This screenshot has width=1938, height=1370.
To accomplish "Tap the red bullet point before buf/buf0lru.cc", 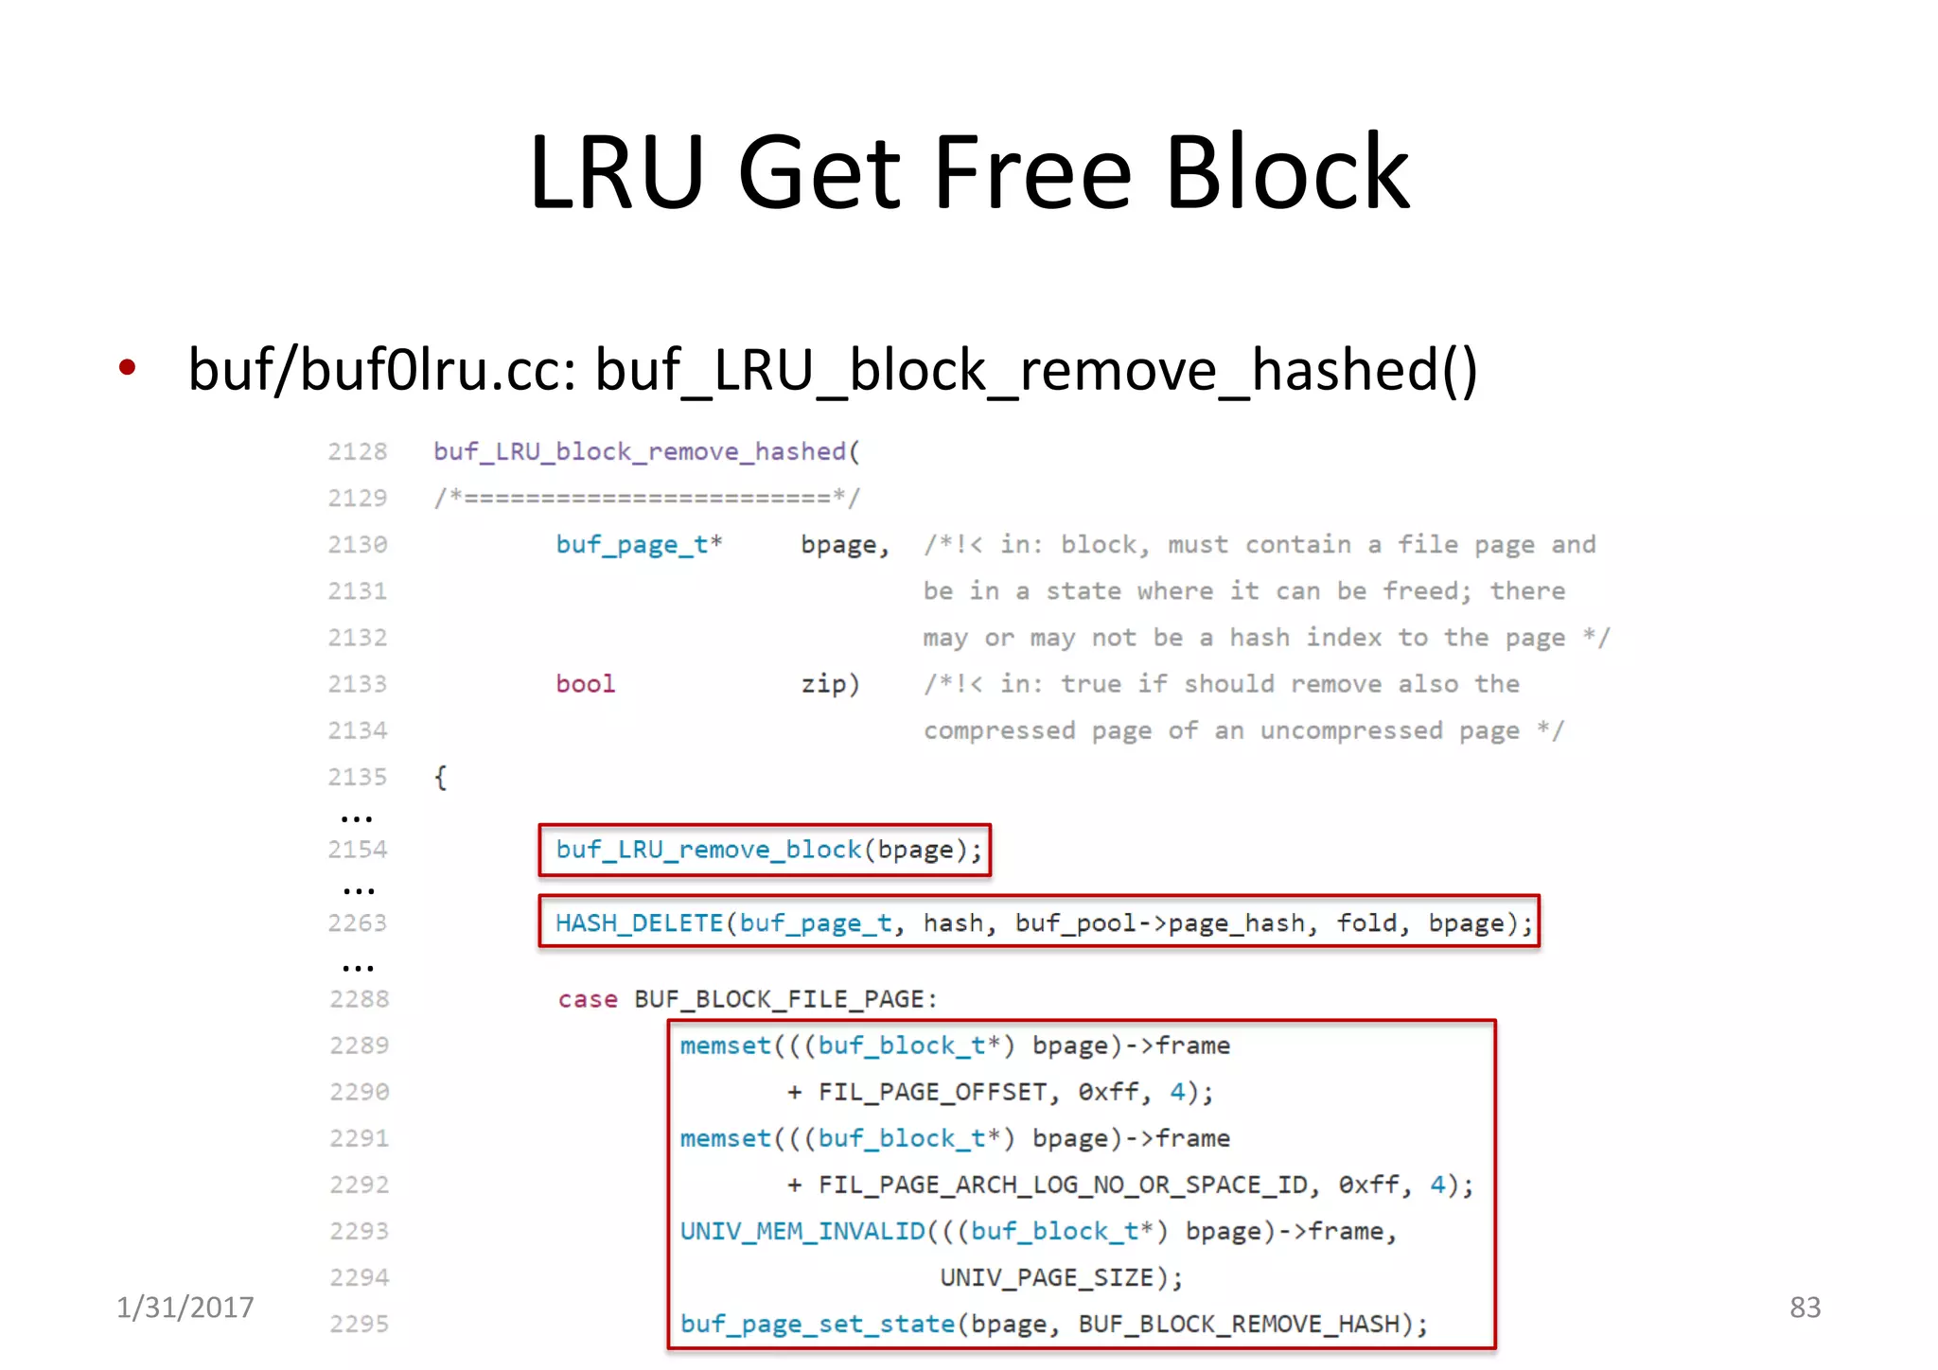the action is click(128, 367).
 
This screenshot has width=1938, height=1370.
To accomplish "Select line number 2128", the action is click(358, 451).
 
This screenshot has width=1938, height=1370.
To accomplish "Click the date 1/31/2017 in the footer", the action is click(185, 1307).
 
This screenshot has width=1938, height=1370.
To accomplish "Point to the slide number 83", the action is click(1805, 1307).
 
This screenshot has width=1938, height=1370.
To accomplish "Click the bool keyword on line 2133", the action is click(585, 684).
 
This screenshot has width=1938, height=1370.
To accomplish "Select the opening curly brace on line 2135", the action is click(440, 778).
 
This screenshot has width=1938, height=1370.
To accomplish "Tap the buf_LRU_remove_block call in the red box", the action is click(709, 850).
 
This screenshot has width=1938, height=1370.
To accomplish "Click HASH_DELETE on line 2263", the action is click(639, 923).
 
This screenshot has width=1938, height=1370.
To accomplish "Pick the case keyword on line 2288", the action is click(587, 999).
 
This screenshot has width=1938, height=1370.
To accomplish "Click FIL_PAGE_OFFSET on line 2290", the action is click(932, 1092).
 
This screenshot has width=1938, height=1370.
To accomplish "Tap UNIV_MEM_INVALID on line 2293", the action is click(802, 1231).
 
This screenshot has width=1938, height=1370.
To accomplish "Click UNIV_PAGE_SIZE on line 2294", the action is click(1047, 1277).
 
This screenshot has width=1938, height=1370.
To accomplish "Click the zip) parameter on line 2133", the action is click(830, 684).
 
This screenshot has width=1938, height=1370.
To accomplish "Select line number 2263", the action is click(358, 923).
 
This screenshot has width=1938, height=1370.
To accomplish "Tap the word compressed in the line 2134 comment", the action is click(999, 730).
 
